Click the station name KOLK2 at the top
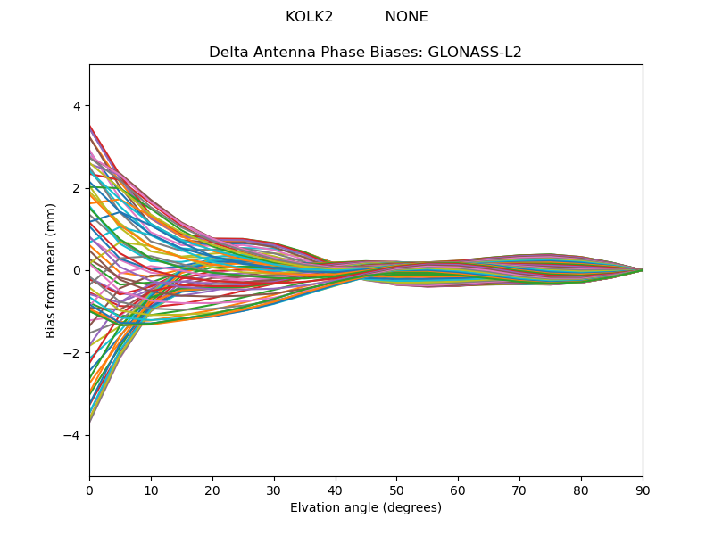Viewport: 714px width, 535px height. tap(309, 17)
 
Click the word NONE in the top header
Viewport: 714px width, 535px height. tap(406, 17)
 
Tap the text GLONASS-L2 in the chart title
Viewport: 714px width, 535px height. tap(480, 53)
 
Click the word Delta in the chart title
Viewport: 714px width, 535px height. tap(228, 53)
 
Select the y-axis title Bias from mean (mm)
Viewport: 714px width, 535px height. tap(52, 270)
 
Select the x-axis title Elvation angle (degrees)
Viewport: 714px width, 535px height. tap(366, 508)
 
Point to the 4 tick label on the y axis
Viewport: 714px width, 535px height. tap(76, 106)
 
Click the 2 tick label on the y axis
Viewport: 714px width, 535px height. tap(76, 188)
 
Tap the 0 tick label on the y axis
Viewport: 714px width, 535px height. tap(76, 270)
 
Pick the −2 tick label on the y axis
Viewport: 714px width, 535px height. tap(72, 353)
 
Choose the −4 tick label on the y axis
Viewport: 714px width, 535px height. tap(72, 435)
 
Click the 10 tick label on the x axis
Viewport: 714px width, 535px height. tap(151, 490)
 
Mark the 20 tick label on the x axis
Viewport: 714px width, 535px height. tap(212, 490)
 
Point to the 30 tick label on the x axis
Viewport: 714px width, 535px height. tap(274, 490)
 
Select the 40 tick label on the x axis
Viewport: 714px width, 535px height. tap(336, 490)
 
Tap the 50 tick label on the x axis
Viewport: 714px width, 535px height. tap(396, 490)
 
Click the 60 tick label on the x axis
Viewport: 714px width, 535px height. tap(458, 490)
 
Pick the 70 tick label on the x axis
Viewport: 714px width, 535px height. tap(519, 490)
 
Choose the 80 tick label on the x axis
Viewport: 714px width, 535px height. tap(581, 490)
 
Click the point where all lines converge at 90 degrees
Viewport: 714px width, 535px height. tap(642, 270)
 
